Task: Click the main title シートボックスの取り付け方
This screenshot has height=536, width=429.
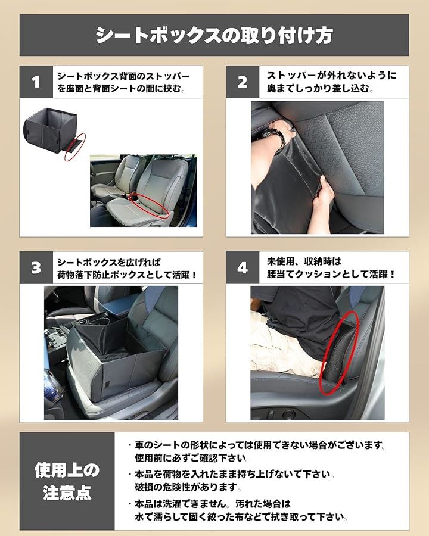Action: [x=214, y=35]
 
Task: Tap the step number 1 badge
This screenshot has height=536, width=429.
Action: [x=36, y=82]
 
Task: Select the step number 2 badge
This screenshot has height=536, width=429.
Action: [x=243, y=82]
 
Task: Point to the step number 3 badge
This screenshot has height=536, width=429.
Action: [x=36, y=267]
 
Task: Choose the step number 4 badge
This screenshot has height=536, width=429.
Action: [x=243, y=267]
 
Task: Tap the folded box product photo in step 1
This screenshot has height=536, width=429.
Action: [x=51, y=130]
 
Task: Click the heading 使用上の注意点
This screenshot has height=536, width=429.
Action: [x=67, y=481]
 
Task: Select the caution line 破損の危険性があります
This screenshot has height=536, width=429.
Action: [x=188, y=487]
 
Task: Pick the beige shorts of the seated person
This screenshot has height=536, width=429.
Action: [x=286, y=345]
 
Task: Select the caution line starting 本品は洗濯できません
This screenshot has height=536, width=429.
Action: [x=213, y=503]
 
